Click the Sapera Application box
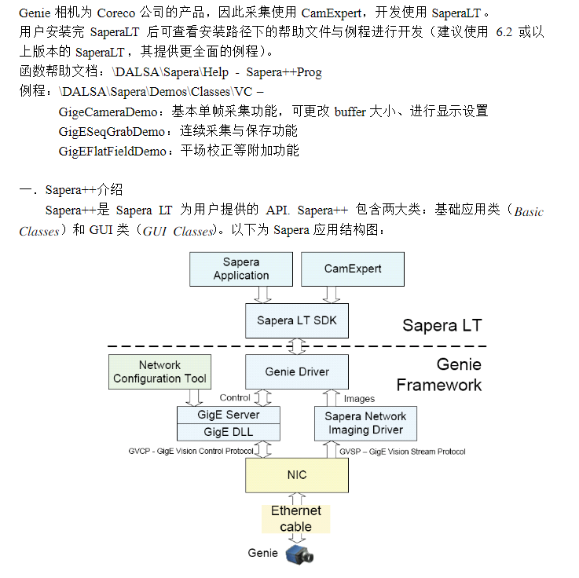click(x=241, y=269)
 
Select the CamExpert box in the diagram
click(x=353, y=269)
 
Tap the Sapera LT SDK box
click(x=297, y=320)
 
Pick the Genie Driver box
click(x=297, y=371)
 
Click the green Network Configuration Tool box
click(x=159, y=371)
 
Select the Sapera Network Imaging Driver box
click(x=365, y=423)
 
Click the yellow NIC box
click(x=297, y=475)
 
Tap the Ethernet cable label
click(x=296, y=518)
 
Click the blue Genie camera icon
click(x=299, y=554)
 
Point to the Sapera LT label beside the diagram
click(x=442, y=325)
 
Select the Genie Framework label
click(x=440, y=375)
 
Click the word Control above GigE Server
click(x=235, y=397)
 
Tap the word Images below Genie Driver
click(x=359, y=399)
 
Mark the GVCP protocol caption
click(x=191, y=452)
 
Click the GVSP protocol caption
click(x=402, y=452)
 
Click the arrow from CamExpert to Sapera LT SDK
click(x=331, y=294)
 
